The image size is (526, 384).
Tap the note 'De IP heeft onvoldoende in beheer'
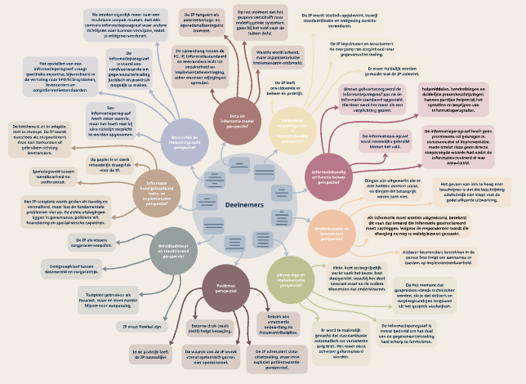click(280, 87)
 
